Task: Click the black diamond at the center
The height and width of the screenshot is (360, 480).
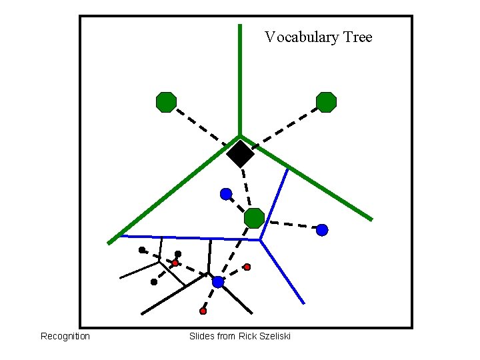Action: (x=240, y=154)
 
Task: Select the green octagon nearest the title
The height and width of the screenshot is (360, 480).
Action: (x=326, y=102)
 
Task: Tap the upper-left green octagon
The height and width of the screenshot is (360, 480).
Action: (x=166, y=102)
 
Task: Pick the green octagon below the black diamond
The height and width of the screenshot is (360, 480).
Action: (x=254, y=217)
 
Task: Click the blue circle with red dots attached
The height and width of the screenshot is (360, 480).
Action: (x=218, y=282)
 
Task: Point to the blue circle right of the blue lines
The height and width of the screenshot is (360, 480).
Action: (x=322, y=230)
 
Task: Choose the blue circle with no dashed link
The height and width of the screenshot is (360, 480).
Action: (x=226, y=194)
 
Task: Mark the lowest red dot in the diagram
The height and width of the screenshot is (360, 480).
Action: (x=203, y=311)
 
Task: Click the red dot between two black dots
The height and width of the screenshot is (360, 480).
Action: (x=175, y=263)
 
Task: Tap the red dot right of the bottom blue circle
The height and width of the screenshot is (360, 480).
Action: (x=247, y=267)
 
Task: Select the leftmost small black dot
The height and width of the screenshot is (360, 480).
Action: (x=142, y=250)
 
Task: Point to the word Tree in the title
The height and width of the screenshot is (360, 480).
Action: (x=357, y=37)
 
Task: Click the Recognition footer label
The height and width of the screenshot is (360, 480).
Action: (x=65, y=336)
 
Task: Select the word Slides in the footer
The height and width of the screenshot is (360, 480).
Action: (x=201, y=336)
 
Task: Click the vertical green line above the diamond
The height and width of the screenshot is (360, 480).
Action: (x=240, y=80)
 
